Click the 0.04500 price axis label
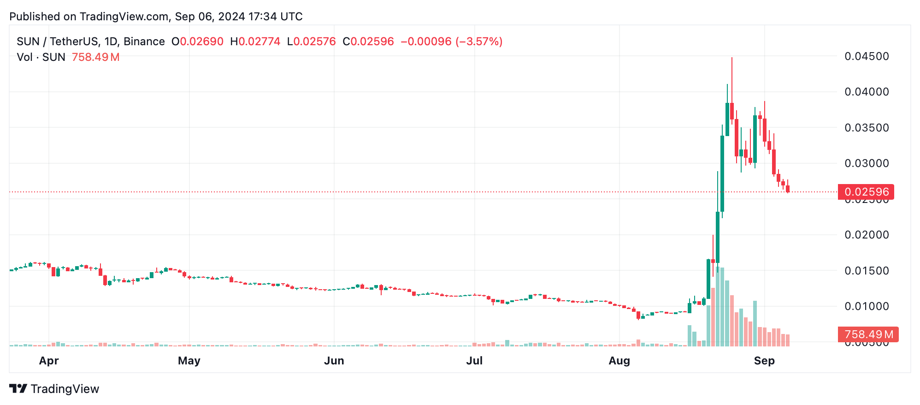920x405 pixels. tap(866, 56)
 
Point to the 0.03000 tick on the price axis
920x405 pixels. tap(866, 163)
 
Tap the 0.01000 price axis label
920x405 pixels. tap(866, 306)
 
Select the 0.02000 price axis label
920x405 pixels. tap(866, 235)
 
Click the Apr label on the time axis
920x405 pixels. tap(49, 361)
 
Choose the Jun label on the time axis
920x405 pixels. tap(334, 361)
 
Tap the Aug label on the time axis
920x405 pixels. tap(619, 361)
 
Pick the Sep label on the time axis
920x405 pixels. tap(764, 361)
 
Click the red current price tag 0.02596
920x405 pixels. tap(866, 192)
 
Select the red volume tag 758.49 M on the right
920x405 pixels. tap(868, 334)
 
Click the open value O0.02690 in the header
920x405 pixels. tap(197, 42)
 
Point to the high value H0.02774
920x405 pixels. tap(255, 42)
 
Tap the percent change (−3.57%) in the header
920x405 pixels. tap(479, 42)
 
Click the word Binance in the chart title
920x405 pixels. tap(144, 42)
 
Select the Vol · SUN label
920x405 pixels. tap(41, 57)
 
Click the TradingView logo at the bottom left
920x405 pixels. tap(54, 389)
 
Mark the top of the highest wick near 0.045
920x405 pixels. tap(731, 58)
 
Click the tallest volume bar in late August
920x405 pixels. tap(718, 307)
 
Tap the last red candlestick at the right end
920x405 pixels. tap(788, 189)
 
